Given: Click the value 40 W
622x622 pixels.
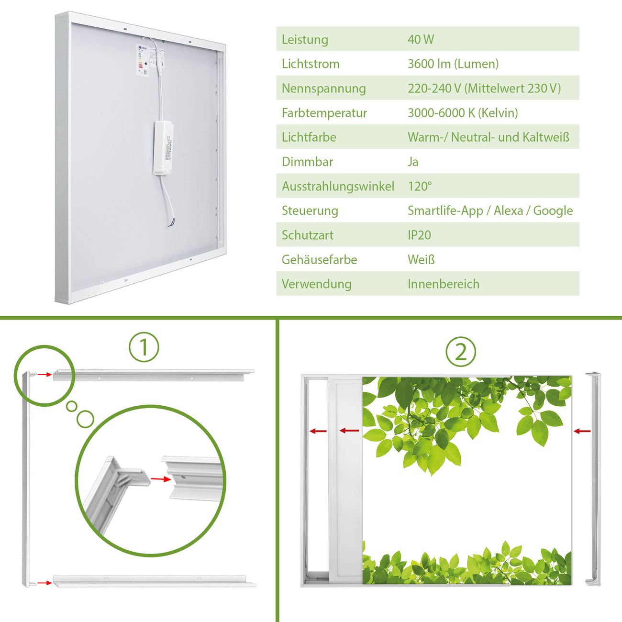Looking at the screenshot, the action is pyautogui.click(x=421, y=39).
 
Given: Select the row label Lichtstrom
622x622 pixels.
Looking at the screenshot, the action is pyautogui.click(x=311, y=64).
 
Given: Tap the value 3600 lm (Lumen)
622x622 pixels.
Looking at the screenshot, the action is pyautogui.click(x=453, y=64).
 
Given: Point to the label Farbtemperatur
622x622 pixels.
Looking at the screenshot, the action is pyautogui.click(x=324, y=113).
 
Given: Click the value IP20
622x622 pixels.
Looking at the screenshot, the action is pyautogui.click(x=419, y=235).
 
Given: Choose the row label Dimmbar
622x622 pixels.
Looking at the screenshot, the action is pyautogui.click(x=307, y=162).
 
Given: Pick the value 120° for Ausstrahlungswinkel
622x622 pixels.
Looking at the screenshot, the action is pyautogui.click(x=420, y=186).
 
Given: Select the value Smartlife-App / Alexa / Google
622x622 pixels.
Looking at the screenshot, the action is pyautogui.click(x=490, y=211).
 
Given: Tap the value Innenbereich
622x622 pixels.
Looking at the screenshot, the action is pyautogui.click(x=444, y=284).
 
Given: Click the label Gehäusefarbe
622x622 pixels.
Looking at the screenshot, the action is pyautogui.click(x=319, y=259).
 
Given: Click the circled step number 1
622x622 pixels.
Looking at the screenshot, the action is pyautogui.click(x=144, y=347).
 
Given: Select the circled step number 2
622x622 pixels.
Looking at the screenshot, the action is pyautogui.click(x=461, y=352).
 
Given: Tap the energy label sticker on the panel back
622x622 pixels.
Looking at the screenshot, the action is pyautogui.click(x=143, y=60).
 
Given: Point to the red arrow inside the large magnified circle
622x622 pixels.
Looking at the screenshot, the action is pyautogui.click(x=161, y=479).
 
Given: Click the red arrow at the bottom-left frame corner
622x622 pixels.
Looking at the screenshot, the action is pyautogui.click(x=44, y=583).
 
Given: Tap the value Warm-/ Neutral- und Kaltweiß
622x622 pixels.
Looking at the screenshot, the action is pyautogui.click(x=489, y=137).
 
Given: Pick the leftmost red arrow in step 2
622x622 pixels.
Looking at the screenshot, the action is pyautogui.click(x=318, y=431).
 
